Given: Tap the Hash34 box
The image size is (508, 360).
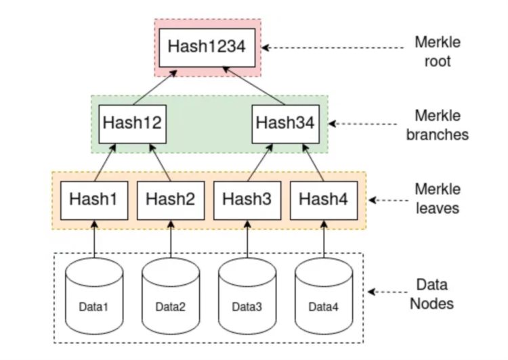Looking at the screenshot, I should coord(284,123).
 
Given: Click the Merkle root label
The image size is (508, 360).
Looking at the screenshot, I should coord(437,51).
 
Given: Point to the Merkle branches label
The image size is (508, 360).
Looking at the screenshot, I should coord(437,125).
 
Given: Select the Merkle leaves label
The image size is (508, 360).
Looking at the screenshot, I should coord(437,199).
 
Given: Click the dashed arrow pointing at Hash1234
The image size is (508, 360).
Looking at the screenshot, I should coord(332,48).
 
